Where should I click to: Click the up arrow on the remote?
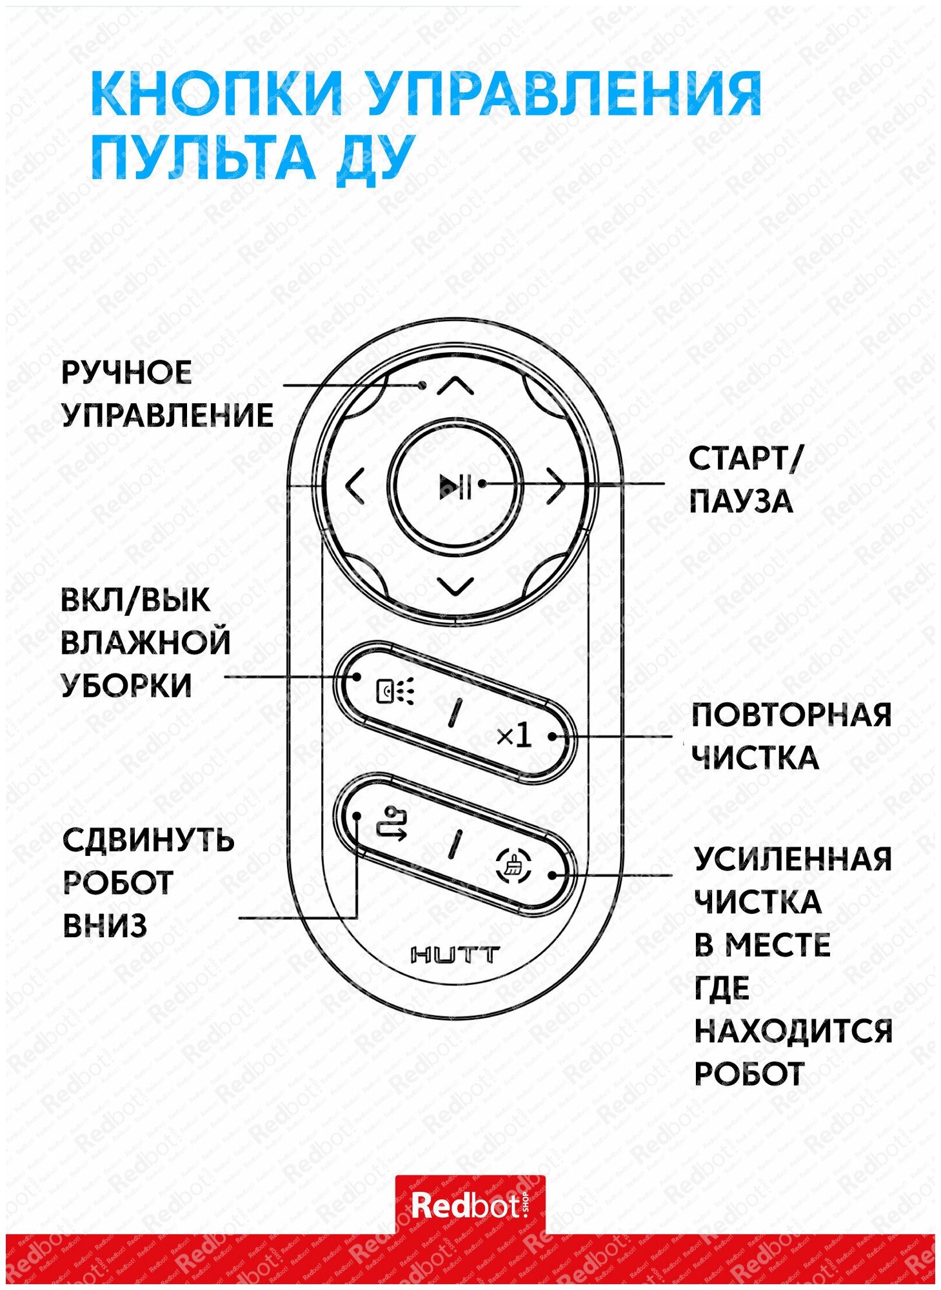(455, 386)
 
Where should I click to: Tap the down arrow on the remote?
(455, 586)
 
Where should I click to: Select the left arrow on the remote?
(355, 487)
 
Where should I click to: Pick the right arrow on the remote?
(556, 487)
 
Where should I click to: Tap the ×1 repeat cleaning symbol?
(514, 735)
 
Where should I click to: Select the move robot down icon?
(391, 824)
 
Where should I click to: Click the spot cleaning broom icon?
(513, 866)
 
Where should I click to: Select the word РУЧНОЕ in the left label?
(126, 373)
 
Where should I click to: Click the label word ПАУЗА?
(741, 502)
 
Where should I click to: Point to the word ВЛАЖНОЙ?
(145, 642)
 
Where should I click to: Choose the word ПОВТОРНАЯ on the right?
(791, 715)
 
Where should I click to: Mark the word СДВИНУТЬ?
(148, 840)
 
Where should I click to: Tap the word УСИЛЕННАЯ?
(793, 859)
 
